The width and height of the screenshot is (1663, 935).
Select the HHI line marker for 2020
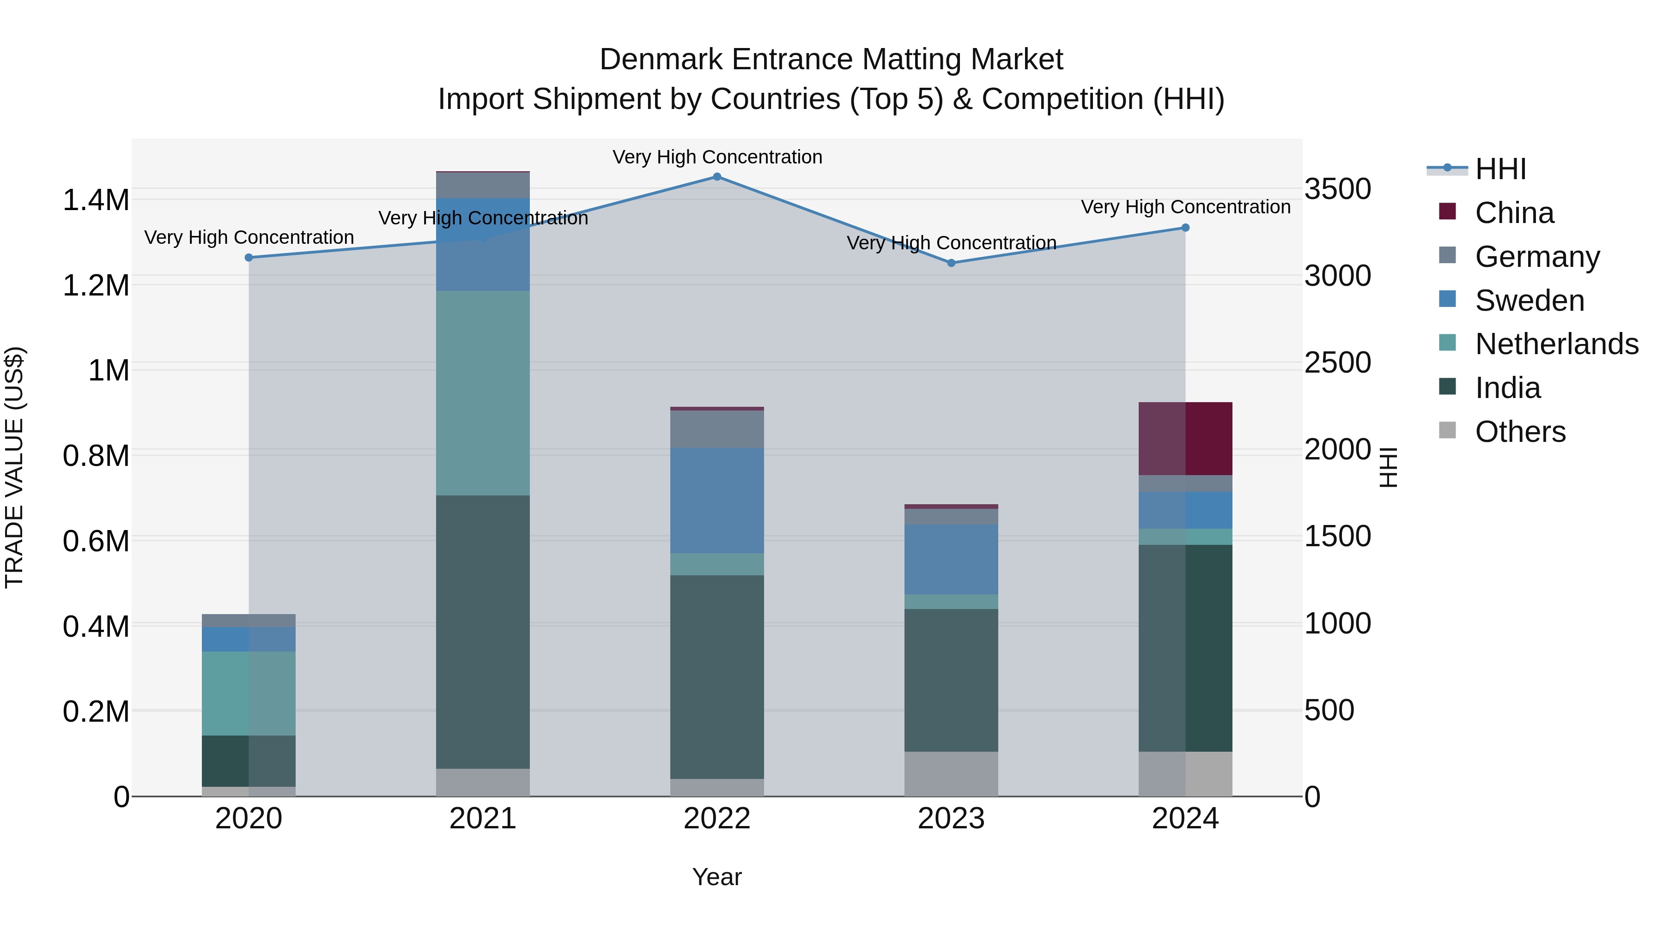249,258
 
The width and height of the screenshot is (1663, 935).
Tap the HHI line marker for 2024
1185,227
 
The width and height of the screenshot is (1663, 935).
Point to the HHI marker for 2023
951,263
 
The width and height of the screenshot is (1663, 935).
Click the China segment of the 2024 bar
1185,438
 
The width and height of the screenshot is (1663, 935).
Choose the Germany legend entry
1537,257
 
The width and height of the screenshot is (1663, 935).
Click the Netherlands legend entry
1556,344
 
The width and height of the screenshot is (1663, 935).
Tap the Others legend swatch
1447,430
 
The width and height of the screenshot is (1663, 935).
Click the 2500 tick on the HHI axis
1338,362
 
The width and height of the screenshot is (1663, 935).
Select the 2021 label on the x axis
483,819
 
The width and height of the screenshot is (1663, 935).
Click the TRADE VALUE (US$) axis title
14,467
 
